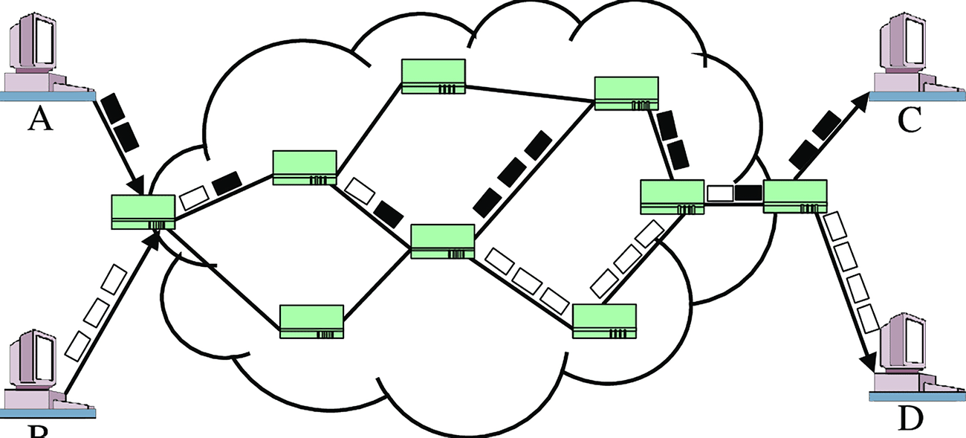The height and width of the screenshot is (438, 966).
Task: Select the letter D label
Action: (911, 419)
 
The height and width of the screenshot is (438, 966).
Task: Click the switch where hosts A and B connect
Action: (143, 212)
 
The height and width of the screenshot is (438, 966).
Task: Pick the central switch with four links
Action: (442, 242)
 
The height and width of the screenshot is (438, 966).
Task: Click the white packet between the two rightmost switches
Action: (719, 193)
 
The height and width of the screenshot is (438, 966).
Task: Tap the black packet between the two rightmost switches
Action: (748, 193)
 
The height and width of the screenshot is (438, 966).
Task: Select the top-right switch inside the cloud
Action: (626, 93)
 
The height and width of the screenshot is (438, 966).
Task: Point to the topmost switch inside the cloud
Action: (433, 77)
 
